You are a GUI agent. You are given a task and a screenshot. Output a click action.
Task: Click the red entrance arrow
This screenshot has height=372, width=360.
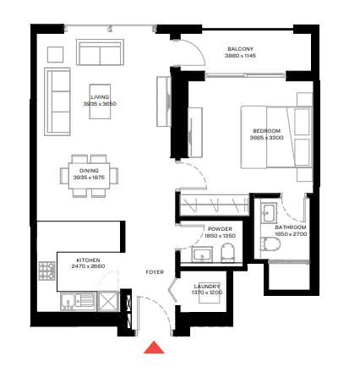pos(154,347)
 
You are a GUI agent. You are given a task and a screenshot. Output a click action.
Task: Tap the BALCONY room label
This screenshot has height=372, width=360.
pos(240,49)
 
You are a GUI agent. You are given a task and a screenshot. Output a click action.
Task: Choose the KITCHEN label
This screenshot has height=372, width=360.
pos(88,260)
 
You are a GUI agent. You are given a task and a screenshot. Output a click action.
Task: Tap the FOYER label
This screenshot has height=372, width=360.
pos(154,272)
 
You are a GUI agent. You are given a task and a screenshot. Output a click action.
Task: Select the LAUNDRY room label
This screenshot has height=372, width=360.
pos(207,286)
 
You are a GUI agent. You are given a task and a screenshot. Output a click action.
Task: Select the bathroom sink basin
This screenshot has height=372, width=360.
pos(270,211)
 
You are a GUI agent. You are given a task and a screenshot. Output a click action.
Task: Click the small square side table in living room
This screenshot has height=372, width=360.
pos(55,54)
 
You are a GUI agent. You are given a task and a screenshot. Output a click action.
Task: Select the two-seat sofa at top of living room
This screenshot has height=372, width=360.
pos(100,52)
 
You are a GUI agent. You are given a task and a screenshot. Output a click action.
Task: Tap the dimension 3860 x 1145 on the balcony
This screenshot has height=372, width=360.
pos(240,56)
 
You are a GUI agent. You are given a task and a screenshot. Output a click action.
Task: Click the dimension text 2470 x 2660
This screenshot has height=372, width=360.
pos(88,265)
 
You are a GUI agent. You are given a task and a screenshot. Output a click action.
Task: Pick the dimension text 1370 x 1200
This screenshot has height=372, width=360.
pos(207,292)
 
